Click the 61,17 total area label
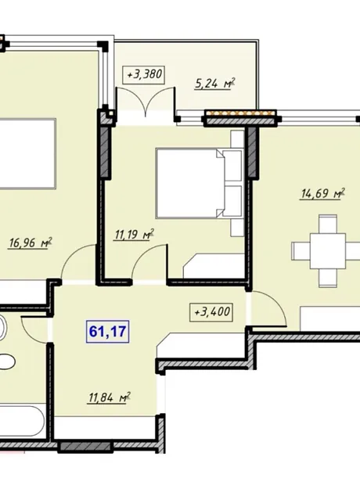pyautogui.click(x=107, y=332)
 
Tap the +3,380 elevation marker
pyautogui.click(x=144, y=74)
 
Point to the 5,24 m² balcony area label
pyautogui.click(x=215, y=84)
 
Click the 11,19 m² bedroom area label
pyautogui.click(x=134, y=235)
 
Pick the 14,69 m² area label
pyautogui.click(x=323, y=194)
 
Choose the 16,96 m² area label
pyautogui.click(x=30, y=242)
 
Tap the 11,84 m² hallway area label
pyautogui.click(x=110, y=397)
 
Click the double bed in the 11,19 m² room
pyautogui.click(x=199, y=183)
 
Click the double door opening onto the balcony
pyautogui.click(x=146, y=102)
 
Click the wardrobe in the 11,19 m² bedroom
pyautogui.click(x=214, y=266)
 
